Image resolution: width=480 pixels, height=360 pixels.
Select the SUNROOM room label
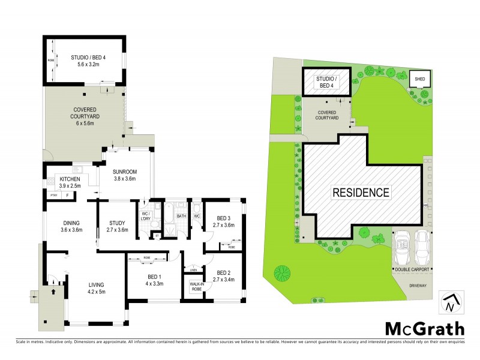coord(125,175)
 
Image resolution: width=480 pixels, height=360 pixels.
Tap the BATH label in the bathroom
coord(181,216)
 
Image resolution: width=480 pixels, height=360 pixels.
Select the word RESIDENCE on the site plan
coord(362,193)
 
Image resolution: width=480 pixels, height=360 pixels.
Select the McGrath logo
coord(424,328)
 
